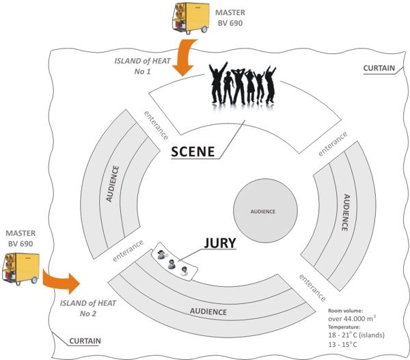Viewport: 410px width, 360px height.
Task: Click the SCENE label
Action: click(x=193, y=152)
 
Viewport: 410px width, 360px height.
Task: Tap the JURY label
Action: click(x=220, y=243)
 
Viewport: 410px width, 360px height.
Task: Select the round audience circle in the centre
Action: click(x=265, y=211)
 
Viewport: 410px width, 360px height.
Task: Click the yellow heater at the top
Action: click(x=191, y=18)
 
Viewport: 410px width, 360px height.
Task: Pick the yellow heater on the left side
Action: click(x=20, y=269)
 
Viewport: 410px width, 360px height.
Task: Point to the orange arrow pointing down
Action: click(x=184, y=58)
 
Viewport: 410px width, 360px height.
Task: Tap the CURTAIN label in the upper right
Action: click(x=379, y=68)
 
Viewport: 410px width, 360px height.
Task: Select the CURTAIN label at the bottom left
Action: click(x=85, y=341)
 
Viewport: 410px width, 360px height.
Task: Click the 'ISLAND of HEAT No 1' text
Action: click(x=143, y=66)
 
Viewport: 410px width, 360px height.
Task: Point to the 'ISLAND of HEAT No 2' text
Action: click(x=88, y=308)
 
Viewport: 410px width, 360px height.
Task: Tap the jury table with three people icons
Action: click(x=174, y=262)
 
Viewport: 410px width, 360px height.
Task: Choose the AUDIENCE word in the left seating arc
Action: click(x=113, y=184)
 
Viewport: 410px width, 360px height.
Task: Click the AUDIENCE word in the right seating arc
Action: click(x=346, y=212)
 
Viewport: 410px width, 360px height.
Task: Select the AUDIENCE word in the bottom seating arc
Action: click(x=208, y=311)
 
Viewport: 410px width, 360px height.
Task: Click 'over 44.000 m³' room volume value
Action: click(x=352, y=318)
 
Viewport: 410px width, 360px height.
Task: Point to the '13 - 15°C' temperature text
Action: click(x=342, y=344)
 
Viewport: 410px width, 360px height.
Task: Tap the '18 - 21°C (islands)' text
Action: click(x=357, y=335)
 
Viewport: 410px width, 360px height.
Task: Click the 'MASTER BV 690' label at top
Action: click(x=230, y=18)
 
